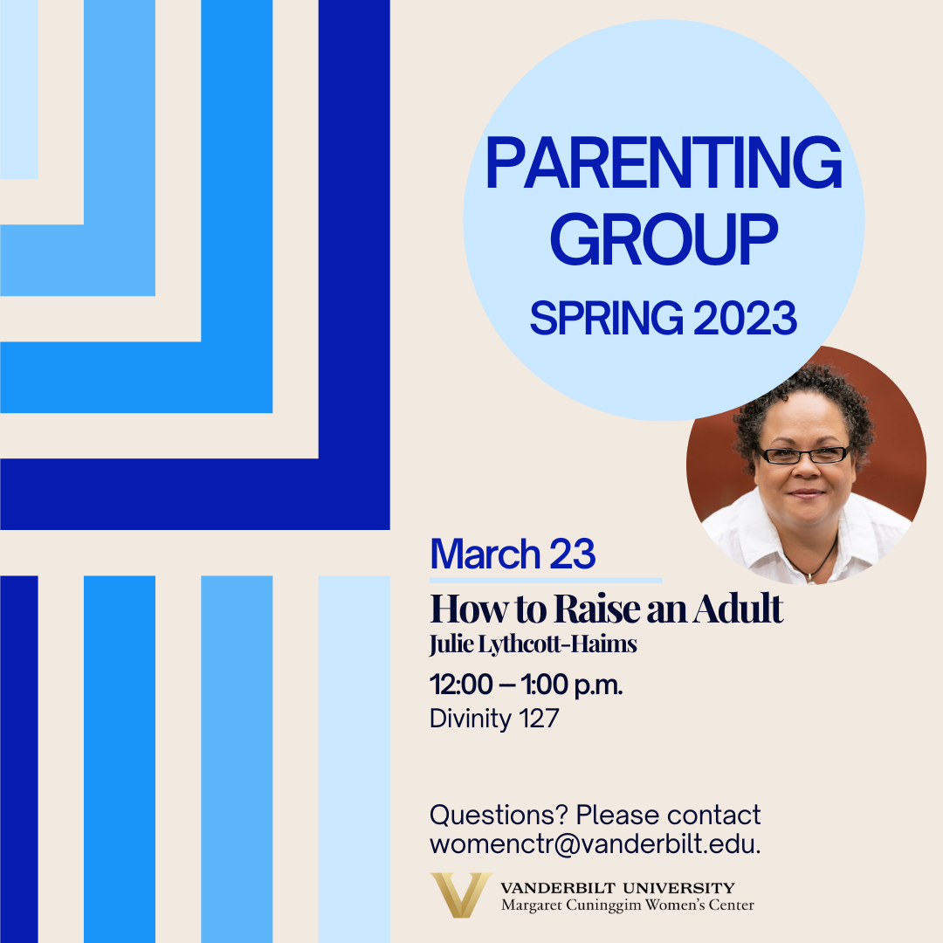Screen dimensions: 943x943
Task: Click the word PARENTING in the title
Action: (664, 162)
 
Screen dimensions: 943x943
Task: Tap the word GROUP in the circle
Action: (664, 239)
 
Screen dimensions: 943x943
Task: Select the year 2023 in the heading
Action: (745, 318)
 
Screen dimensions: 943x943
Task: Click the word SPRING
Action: (606, 318)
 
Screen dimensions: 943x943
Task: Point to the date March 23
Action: (513, 554)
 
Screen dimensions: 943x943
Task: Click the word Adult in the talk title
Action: (738, 609)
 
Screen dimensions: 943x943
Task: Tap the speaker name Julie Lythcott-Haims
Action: (533, 644)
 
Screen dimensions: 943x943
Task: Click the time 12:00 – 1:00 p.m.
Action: (527, 685)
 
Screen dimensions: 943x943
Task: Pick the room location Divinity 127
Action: (494, 719)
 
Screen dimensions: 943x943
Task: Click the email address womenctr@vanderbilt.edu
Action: (595, 844)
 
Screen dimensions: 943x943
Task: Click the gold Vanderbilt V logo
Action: (461, 895)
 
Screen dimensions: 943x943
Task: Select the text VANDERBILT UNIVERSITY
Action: (617, 888)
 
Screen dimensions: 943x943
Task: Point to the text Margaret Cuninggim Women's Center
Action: (627, 905)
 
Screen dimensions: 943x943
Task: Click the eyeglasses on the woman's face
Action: (803, 455)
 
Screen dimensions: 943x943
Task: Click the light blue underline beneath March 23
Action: (546, 581)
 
